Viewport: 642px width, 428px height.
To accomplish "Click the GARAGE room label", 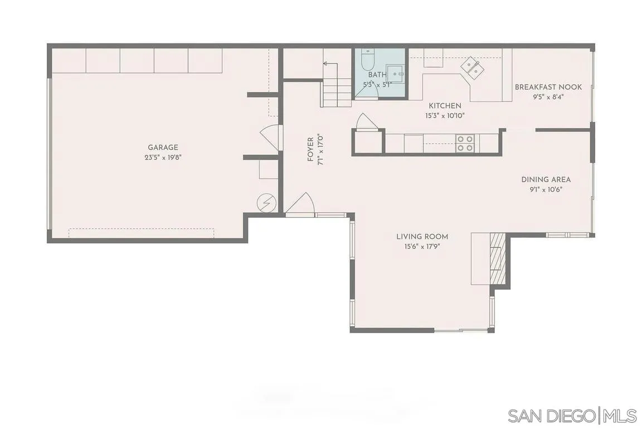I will pos(163,148).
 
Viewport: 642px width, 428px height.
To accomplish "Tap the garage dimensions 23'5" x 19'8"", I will pos(163,157).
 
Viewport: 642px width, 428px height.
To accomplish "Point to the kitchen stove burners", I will pos(465,144).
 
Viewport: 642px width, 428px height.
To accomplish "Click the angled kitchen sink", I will pos(472,67).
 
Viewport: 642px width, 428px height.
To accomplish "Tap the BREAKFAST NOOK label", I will pos(548,87).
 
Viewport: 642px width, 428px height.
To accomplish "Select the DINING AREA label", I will pos(546,179).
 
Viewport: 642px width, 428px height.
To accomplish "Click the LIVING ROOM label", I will pos(422,236).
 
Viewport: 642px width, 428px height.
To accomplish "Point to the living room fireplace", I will pos(497,259).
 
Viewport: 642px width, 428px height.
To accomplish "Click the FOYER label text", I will pos(310,150).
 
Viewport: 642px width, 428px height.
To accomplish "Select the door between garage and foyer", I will pos(271,137).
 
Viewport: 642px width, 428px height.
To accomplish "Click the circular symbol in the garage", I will pos(266,203).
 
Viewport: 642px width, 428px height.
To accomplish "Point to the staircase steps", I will pos(336,92).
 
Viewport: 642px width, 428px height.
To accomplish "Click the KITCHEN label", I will pos(445,106).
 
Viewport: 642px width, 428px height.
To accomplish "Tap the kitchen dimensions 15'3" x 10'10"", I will pos(445,115).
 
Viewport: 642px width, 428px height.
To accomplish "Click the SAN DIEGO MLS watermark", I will pos(572,415).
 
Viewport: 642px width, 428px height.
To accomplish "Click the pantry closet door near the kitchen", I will pos(366,123).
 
